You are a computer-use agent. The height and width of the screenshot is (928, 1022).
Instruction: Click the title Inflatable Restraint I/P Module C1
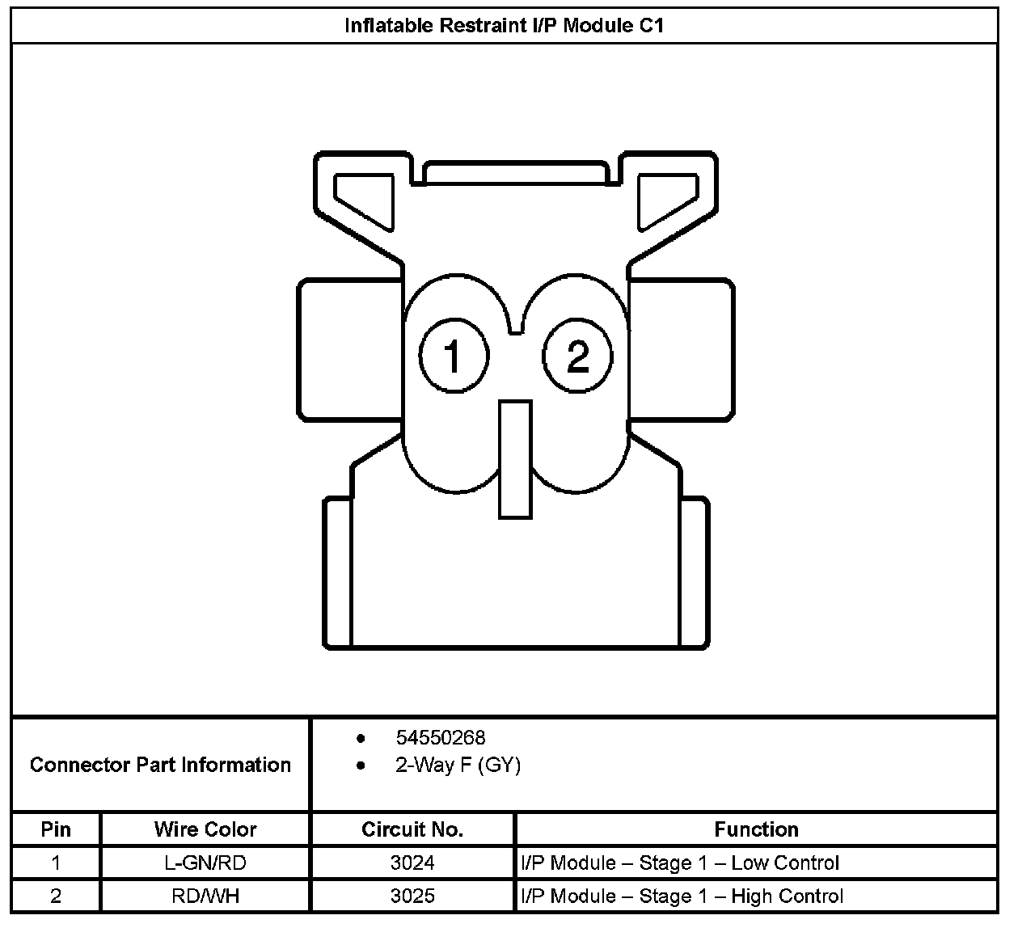(x=505, y=25)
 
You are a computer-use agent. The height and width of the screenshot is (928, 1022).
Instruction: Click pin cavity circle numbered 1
(x=454, y=355)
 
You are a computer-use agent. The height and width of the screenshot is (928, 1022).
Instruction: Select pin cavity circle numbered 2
(x=577, y=355)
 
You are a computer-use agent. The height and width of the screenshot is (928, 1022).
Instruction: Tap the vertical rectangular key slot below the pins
(x=515, y=458)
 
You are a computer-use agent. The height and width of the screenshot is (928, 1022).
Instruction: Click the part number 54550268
(x=440, y=737)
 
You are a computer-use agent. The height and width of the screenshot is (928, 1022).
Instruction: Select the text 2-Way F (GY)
(x=458, y=765)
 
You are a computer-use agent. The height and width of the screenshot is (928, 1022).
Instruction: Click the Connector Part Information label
(x=160, y=765)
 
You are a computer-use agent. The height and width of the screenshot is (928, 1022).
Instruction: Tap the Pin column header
(x=56, y=829)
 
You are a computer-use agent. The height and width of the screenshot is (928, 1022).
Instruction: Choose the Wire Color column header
(x=205, y=829)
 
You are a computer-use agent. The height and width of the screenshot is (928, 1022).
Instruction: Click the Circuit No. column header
(x=412, y=829)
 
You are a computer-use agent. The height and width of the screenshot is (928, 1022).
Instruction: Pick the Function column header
(x=756, y=829)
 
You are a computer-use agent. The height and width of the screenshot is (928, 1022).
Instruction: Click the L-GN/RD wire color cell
(x=205, y=863)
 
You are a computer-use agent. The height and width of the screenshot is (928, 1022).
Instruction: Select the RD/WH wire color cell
(x=205, y=896)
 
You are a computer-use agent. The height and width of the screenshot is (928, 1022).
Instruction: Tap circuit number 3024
(x=412, y=863)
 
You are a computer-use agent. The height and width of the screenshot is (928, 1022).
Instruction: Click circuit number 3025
(x=412, y=896)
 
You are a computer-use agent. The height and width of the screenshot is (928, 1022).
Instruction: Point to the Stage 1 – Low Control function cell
(x=680, y=863)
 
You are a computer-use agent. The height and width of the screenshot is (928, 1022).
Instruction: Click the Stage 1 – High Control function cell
(x=682, y=896)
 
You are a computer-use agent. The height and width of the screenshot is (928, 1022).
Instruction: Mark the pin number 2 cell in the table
(x=56, y=896)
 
